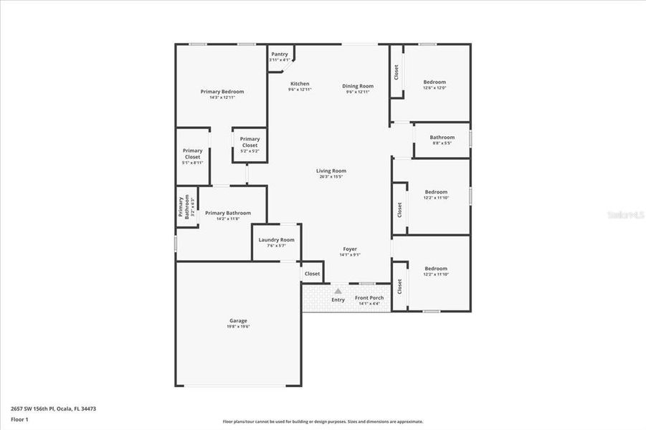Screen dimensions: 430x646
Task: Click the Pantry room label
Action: pyautogui.click(x=280, y=54)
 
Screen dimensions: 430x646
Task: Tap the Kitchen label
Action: pyautogui.click(x=300, y=84)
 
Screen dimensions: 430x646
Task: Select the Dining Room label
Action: pyautogui.click(x=358, y=86)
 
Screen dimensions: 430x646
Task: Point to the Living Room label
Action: pyautogui.click(x=331, y=171)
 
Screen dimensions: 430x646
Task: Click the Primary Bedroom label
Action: pyautogui.click(x=222, y=92)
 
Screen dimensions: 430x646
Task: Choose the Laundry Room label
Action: pyautogui.click(x=277, y=240)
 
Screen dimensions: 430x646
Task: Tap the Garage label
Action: pyautogui.click(x=238, y=321)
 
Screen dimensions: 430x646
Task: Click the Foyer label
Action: pyautogui.click(x=350, y=249)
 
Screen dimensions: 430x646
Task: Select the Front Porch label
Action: pyautogui.click(x=369, y=298)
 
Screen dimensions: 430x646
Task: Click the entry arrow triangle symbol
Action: pyautogui.click(x=338, y=291)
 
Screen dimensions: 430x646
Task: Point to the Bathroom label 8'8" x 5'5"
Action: pyautogui.click(x=442, y=138)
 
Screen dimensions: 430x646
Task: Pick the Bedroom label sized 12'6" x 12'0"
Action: pyautogui.click(x=434, y=82)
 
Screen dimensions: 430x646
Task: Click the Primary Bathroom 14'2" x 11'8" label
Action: pyautogui.click(x=228, y=214)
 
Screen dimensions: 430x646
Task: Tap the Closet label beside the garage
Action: pyautogui.click(x=312, y=274)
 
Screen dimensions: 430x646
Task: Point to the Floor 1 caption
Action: pyautogui.click(x=20, y=419)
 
